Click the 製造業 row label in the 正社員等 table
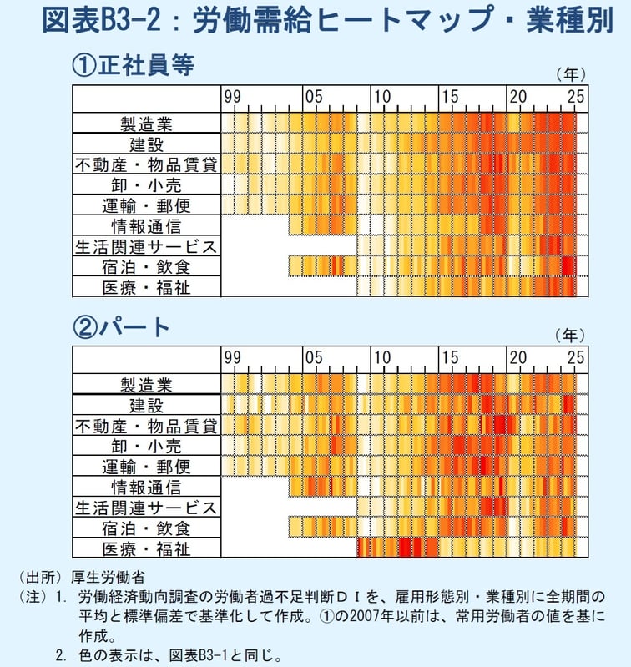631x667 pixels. click(x=146, y=124)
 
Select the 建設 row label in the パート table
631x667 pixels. click(x=146, y=406)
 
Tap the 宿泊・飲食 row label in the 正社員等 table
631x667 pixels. click(x=146, y=267)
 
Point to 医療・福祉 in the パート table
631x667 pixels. click(x=146, y=548)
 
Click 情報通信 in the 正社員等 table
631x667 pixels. click(x=146, y=226)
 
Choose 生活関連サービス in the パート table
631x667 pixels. click(x=146, y=508)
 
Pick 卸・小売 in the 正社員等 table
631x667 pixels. click(x=146, y=185)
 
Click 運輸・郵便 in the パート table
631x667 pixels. click(x=146, y=467)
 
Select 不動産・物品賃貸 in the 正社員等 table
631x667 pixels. click(x=146, y=164)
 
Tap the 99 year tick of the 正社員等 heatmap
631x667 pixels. click(x=231, y=97)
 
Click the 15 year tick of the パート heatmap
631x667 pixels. click(x=450, y=358)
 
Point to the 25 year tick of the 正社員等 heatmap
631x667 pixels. click(x=577, y=97)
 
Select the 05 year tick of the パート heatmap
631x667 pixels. click(x=313, y=358)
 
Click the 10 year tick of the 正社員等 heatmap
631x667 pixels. click(x=381, y=97)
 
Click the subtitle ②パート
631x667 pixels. click(x=121, y=326)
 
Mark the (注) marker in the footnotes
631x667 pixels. click(x=32, y=598)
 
